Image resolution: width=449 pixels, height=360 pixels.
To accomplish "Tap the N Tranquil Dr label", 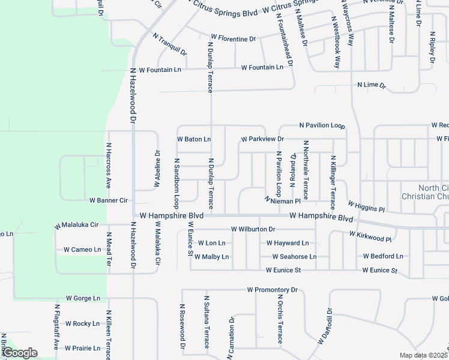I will click(x=170, y=44).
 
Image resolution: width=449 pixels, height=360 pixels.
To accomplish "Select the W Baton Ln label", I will click(x=194, y=139).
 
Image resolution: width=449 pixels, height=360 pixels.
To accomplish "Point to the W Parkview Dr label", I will click(x=262, y=139).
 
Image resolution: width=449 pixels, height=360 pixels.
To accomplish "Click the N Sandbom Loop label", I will click(x=177, y=179).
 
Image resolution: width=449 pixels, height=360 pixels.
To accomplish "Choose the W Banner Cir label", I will click(x=109, y=200).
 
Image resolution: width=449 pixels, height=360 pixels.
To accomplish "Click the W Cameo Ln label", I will click(x=82, y=250).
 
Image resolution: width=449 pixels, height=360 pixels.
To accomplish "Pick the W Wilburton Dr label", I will click(x=253, y=229).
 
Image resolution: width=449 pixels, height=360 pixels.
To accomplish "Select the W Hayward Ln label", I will click(x=288, y=243).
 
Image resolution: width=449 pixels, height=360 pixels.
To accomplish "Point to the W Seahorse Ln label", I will click(x=294, y=257).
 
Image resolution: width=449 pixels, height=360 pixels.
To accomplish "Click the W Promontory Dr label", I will click(x=272, y=290).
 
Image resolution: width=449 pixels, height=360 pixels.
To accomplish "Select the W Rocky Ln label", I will click(x=82, y=324).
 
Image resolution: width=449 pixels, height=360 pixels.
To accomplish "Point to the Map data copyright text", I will click(x=424, y=355).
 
